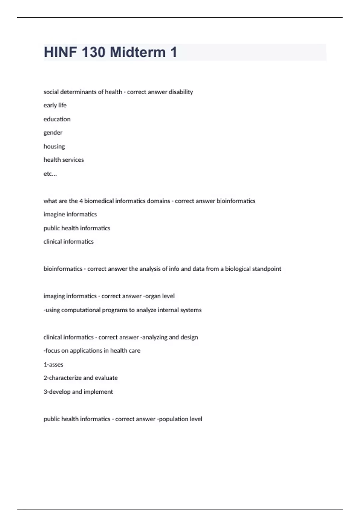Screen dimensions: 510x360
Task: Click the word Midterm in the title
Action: [138, 52]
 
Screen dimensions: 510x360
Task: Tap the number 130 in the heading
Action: [93, 52]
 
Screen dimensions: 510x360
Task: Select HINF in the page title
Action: [60, 52]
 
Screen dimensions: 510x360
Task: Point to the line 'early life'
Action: [55, 105]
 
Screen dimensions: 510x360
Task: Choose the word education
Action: [57, 119]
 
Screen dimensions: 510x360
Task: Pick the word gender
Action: [53, 133]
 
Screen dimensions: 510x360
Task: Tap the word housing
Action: [54, 146]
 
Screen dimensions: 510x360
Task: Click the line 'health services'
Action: [64, 160]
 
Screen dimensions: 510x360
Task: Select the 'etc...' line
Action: [50, 174]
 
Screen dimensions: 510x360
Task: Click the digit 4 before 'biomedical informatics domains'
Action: [81, 201]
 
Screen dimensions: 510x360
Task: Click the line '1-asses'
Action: [53, 364]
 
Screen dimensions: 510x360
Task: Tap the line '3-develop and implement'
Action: [78, 392]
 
